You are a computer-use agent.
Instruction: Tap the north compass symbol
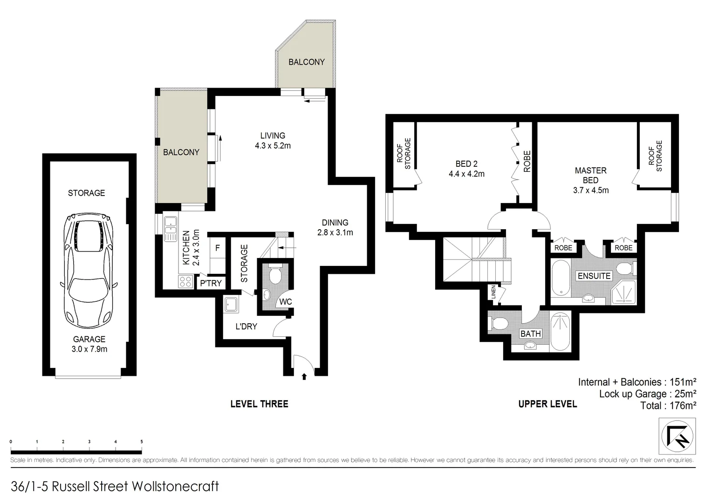click(x=677, y=436)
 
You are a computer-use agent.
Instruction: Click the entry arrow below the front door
click(x=304, y=375)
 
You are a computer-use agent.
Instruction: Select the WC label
click(x=285, y=302)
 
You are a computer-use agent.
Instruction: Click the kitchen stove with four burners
click(x=185, y=281)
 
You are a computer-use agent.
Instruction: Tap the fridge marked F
click(x=217, y=248)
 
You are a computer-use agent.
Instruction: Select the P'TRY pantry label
click(x=211, y=283)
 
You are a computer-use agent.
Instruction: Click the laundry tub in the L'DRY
click(x=231, y=305)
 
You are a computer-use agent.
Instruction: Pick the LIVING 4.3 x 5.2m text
click(x=273, y=141)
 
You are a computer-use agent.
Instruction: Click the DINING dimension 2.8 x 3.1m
click(x=335, y=232)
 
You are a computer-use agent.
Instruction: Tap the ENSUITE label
click(x=594, y=276)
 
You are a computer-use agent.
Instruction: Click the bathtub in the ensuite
click(x=560, y=278)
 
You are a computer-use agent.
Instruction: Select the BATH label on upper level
click(x=530, y=333)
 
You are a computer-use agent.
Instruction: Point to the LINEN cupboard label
click(x=493, y=292)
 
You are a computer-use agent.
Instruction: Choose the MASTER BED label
click(x=590, y=175)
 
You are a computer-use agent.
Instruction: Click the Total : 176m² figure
click(x=668, y=405)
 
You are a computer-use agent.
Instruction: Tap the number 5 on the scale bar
click(x=142, y=442)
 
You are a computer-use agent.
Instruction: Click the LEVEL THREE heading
click(x=259, y=404)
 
